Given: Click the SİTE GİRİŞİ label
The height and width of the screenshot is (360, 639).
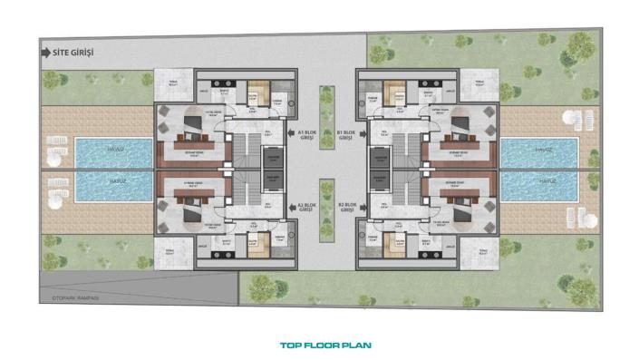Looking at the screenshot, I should (x=75, y=53).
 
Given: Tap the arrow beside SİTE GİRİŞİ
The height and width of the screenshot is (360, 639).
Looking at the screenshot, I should (x=46, y=53).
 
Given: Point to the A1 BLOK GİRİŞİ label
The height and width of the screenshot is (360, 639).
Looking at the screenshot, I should (x=307, y=136).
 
